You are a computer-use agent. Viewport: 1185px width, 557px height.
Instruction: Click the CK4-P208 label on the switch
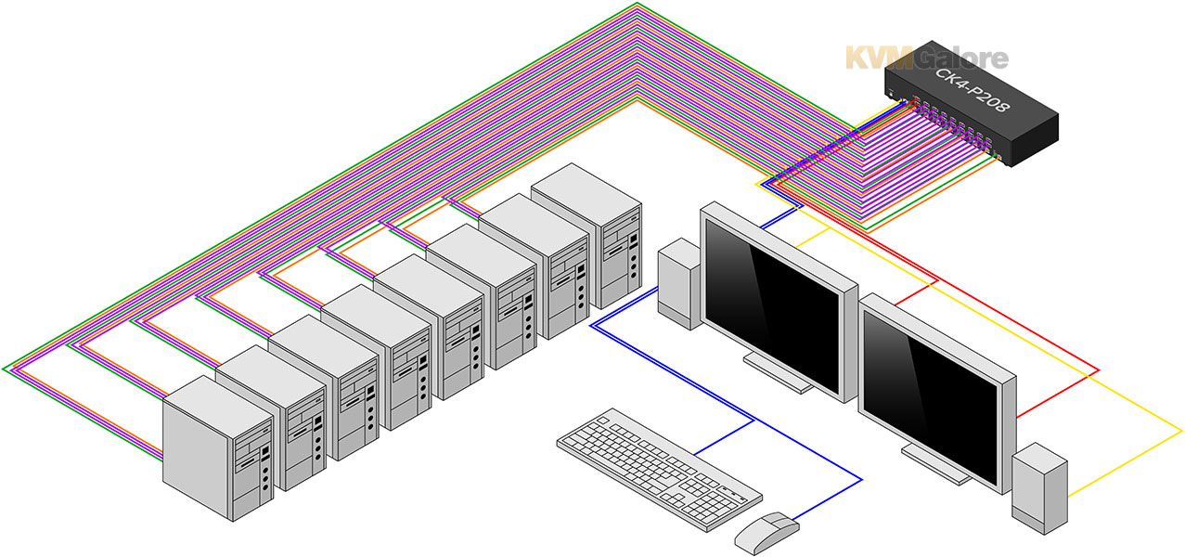pyautogui.click(x=972, y=89)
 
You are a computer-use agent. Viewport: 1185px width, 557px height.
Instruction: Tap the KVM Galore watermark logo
pyautogui.click(x=927, y=58)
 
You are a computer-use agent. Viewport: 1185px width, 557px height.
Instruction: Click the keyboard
pyautogui.click(x=659, y=468)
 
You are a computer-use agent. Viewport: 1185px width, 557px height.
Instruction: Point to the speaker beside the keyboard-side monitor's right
pyautogui.click(x=1039, y=488)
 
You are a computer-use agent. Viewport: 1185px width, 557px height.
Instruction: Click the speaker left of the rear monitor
pyautogui.click(x=680, y=284)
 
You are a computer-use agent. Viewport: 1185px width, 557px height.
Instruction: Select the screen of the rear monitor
pyautogui.click(x=772, y=305)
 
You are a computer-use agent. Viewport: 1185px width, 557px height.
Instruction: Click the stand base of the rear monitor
pyautogui.click(x=778, y=373)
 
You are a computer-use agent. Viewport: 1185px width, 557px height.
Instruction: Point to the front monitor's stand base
pyautogui.click(x=936, y=464)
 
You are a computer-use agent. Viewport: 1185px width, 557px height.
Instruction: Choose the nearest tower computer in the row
pyautogui.click(x=218, y=448)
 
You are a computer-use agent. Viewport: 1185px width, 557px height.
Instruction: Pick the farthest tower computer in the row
pyautogui.click(x=587, y=236)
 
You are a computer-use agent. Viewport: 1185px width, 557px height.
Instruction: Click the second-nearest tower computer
pyautogui.click(x=271, y=418)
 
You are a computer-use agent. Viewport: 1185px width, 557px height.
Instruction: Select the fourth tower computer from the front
pyautogui.click(x=377, y=356)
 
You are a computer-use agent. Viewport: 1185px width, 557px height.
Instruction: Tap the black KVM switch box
pyautogui.click(x=972, y=104)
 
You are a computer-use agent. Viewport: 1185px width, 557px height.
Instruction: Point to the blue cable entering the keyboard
pyautogui.click(x=724, y=437)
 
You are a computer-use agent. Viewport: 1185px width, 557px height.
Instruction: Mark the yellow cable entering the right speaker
pyautogui.click(x=1125, y=464)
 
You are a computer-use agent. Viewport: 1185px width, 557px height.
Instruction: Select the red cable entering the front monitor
pyautogui.click(x=1058, y=394)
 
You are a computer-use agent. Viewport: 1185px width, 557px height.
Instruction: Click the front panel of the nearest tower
pyautogui.click(x=252, y=468)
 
